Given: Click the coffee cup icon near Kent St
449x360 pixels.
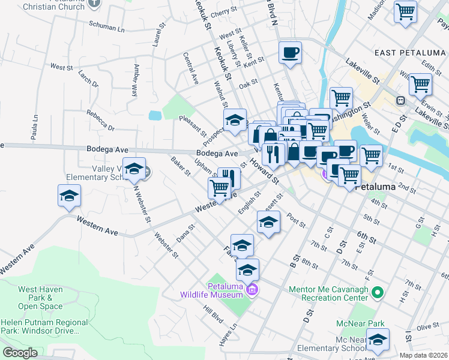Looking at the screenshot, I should coord(290,53).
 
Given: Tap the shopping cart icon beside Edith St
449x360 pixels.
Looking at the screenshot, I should coord(420,85).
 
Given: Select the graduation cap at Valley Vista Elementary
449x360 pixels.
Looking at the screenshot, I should coord(135,169).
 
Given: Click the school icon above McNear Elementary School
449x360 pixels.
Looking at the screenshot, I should coord(378,340).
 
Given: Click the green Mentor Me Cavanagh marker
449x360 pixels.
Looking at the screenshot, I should coord(377,293).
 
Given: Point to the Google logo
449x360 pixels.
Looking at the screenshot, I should coord(20,353).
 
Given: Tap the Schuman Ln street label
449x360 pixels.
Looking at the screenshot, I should coord(106,28).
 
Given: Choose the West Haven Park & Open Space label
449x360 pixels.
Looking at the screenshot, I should coord(40,298).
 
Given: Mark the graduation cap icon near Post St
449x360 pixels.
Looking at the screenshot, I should coord(268,223).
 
